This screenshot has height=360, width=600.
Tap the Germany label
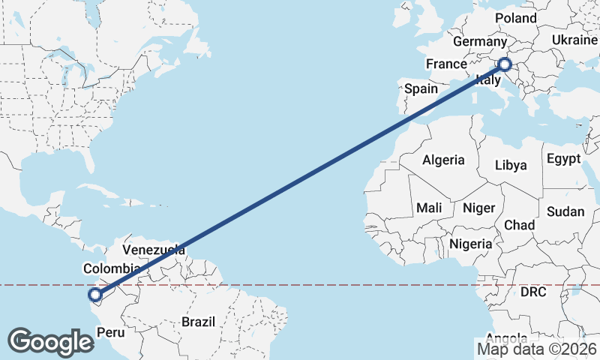480,43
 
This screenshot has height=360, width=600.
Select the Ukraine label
575,40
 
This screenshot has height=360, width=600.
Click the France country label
447,64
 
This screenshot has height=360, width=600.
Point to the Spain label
421,88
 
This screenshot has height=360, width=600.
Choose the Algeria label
443,160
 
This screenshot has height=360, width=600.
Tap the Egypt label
564,159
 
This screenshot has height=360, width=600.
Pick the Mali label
429,207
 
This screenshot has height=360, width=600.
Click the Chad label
519,225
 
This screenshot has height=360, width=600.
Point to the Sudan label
565,211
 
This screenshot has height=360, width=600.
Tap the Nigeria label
471,244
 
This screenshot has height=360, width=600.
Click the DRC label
534,291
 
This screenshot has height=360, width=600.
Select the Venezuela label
153,249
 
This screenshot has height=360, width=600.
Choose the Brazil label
198,322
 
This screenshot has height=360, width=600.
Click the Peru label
111,331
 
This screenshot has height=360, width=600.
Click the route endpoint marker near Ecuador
94,295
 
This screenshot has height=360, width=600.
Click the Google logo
50,342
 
